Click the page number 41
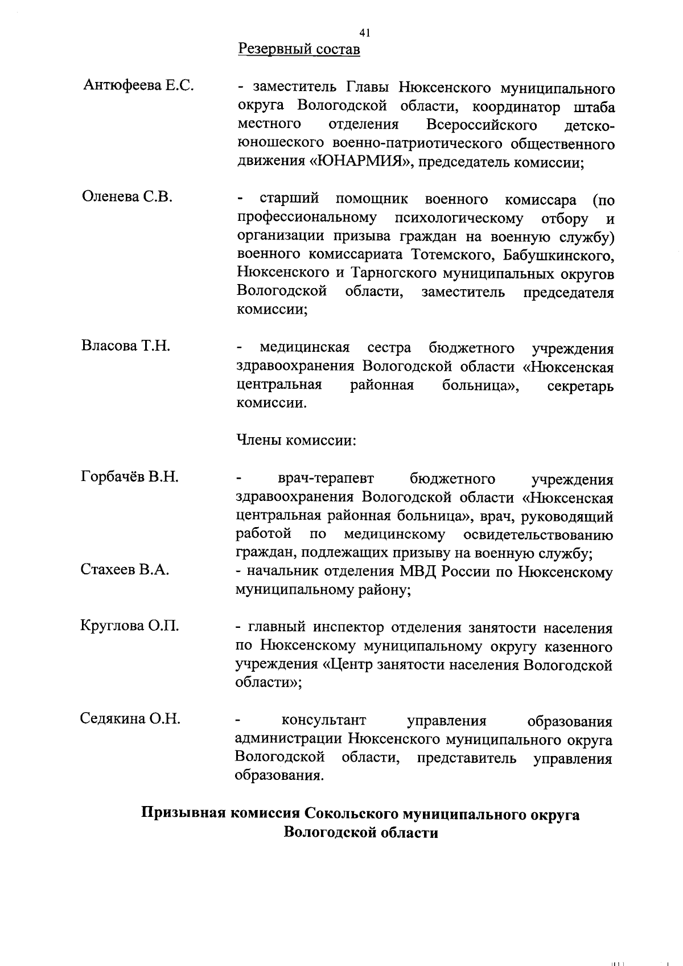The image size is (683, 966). tap(365, 32)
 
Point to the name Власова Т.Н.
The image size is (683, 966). tap(126, 346)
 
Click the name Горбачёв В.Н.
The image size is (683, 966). tap(130, 476)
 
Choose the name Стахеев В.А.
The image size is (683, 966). tap(125, 569)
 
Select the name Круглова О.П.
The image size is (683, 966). tap(130, 626)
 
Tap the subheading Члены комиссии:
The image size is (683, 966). tap(296, 440)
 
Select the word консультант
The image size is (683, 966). tap(324, 721)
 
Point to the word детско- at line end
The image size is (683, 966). tap(589, 125)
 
